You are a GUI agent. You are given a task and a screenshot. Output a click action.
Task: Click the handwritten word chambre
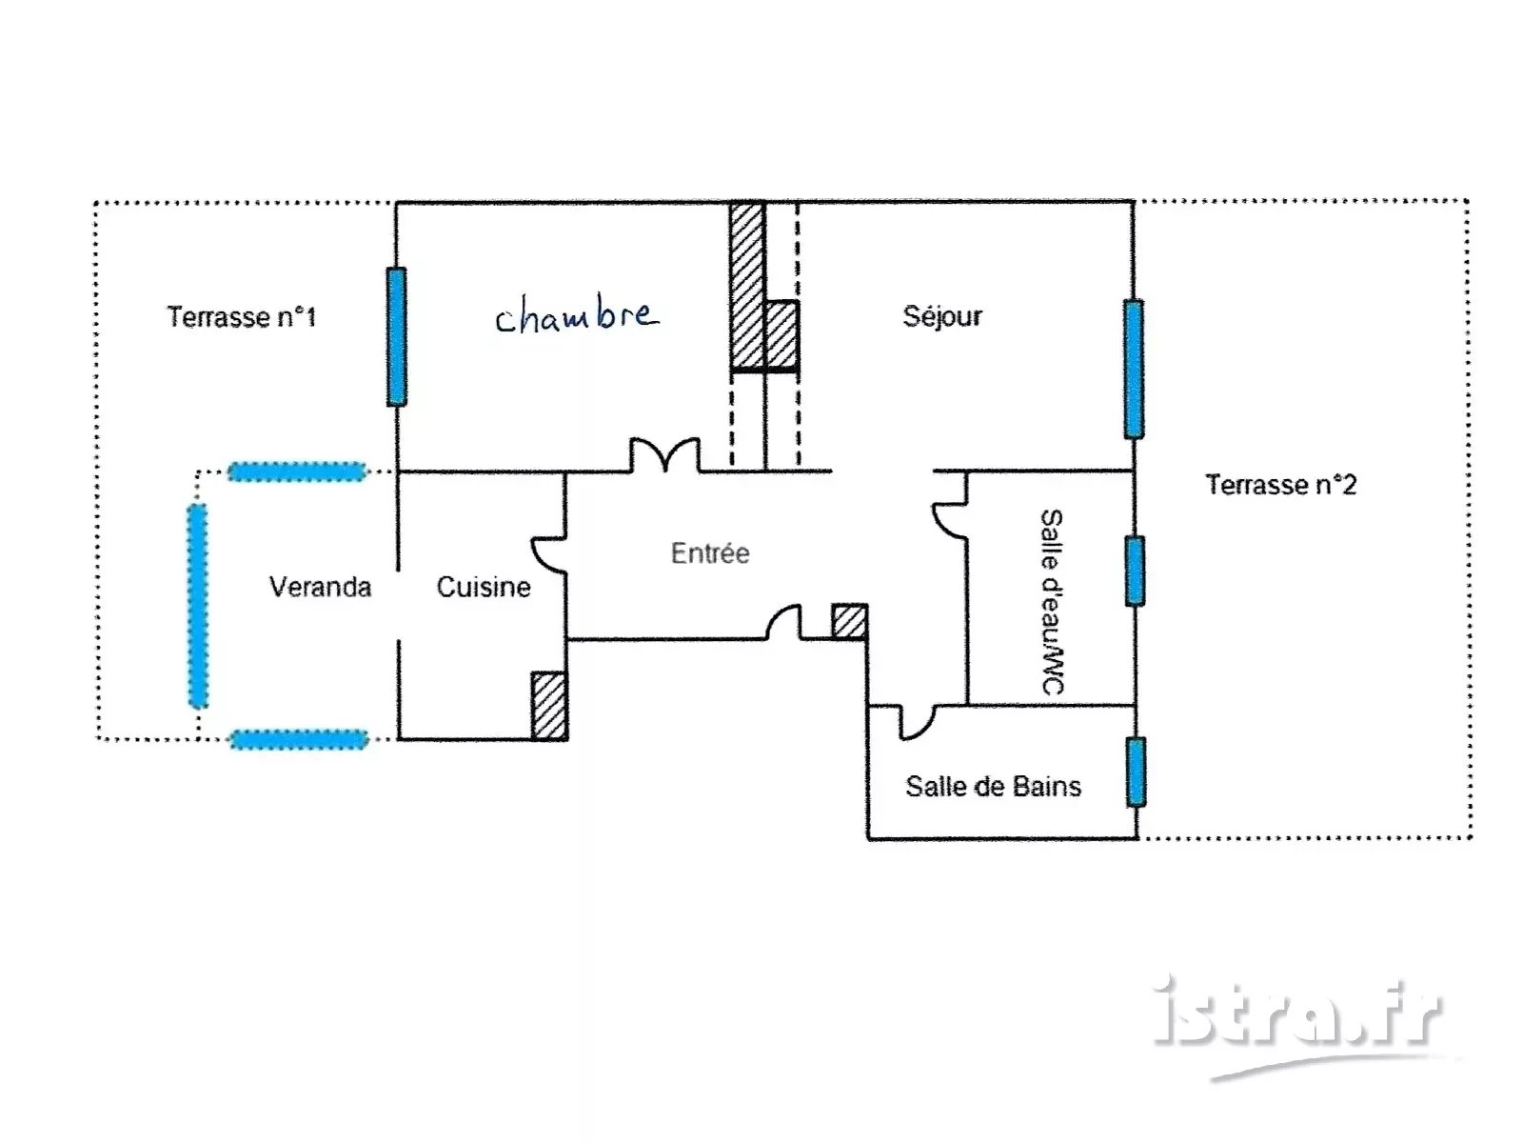577,316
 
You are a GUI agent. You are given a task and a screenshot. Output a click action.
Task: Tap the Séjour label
941,316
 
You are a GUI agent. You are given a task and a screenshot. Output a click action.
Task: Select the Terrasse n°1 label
241,317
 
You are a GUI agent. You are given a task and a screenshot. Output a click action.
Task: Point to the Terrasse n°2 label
1280,485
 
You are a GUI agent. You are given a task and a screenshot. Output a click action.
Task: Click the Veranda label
320,587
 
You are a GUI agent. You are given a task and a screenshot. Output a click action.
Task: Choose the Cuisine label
484,587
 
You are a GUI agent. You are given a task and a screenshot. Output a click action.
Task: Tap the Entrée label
710,553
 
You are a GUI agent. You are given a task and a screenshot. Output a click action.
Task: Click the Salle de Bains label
993,787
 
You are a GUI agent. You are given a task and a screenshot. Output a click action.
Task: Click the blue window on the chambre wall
396,336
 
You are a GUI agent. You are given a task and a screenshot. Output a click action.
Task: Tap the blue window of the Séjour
1133,369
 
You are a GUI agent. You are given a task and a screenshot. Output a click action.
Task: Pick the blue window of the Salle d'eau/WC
1135,571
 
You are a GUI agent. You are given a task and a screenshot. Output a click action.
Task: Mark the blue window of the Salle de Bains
1136,772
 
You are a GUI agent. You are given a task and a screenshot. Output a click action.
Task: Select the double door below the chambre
664,454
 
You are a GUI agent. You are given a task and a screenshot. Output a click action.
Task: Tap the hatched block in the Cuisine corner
549,705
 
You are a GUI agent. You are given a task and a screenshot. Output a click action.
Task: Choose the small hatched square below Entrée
849,621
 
